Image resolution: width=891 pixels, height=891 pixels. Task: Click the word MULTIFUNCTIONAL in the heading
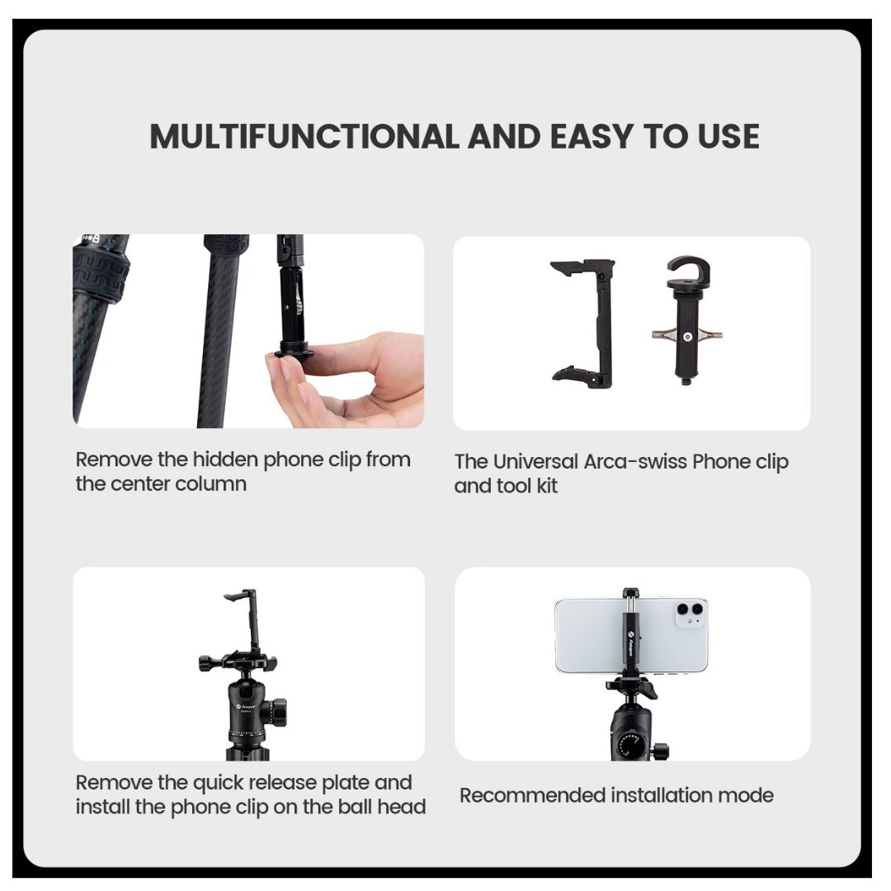[304, 137]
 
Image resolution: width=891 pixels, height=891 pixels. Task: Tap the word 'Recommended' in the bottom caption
[532, 796]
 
